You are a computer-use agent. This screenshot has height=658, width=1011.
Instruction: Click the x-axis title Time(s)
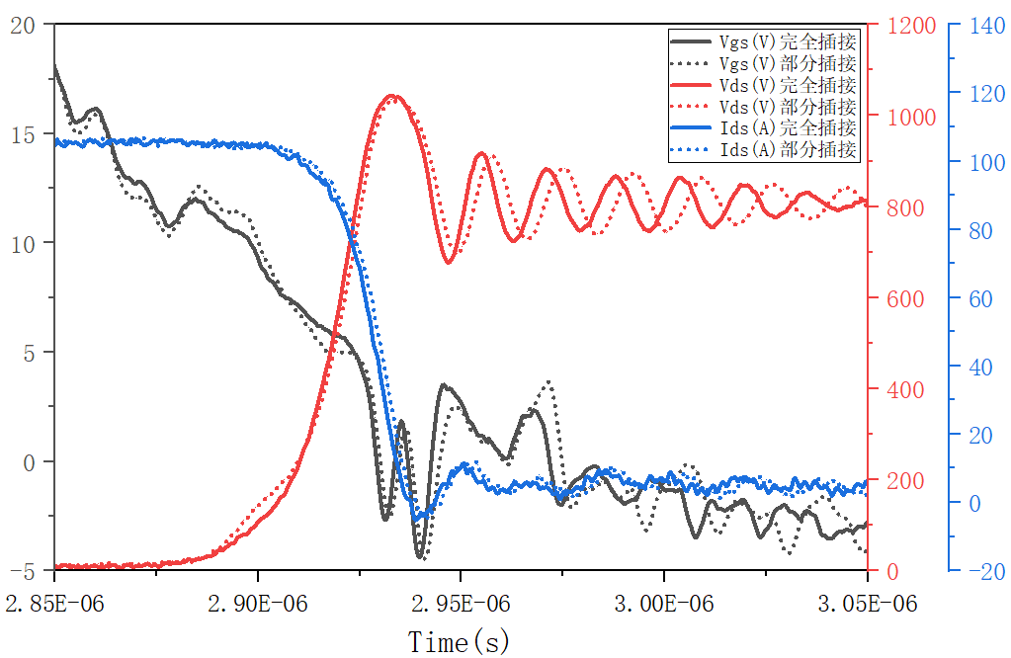point(460,642)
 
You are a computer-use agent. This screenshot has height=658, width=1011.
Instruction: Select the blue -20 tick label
point(980,571)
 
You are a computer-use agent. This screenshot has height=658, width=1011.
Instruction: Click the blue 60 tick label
point(976,298)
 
